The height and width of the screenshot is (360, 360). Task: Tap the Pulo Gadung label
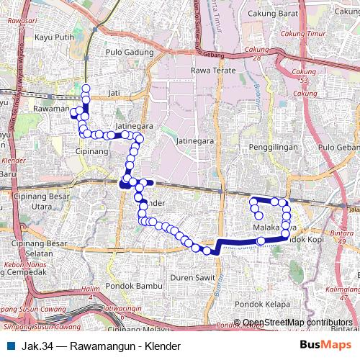click(x=130, y=53)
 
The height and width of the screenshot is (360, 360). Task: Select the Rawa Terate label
click(x=209, y=71)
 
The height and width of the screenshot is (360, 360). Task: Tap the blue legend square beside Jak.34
click(x=9, y=346)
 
